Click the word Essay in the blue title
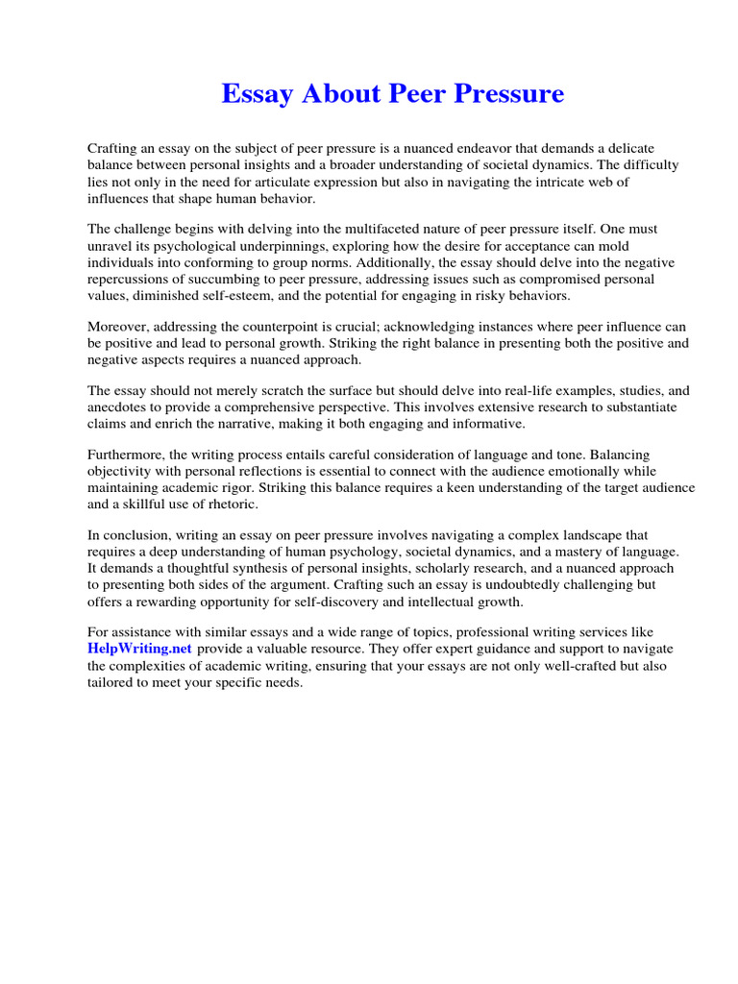[258, 94]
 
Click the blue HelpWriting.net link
[139, 649]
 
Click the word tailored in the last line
[112, 683]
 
